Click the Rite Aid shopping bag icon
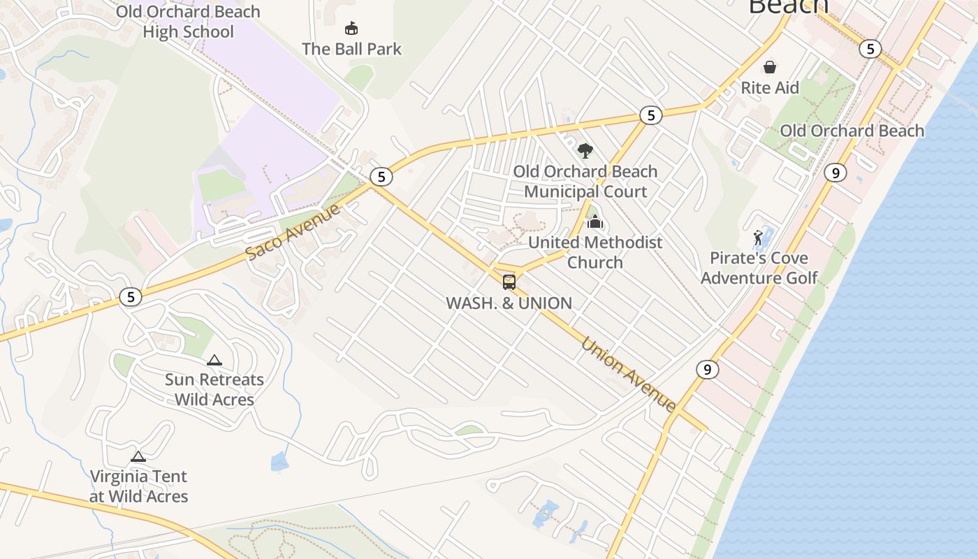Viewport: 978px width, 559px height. pos(769,67)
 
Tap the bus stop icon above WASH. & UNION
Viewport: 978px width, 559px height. pos(509,282)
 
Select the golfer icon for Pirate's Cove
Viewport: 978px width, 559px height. pos(758,238)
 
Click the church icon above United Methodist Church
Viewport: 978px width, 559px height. pos(595,222)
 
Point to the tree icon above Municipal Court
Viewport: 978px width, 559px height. pos(585,150)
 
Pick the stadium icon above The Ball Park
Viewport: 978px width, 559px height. pos(351,29)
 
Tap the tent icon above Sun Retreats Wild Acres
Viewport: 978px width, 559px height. pos(214,360)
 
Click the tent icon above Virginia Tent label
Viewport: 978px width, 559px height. pos(138,456)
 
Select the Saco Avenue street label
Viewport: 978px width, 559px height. pos(293,231)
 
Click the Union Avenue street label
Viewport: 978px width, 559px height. pos(628,375)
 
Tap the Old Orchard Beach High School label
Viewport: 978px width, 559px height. pos(188,22)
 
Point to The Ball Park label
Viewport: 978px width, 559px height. pos(352,49)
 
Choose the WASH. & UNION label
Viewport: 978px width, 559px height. pos(509,303)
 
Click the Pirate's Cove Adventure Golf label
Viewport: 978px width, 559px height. pos(759,268)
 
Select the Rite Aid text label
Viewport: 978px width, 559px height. pos(770,88)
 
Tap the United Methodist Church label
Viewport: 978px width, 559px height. pos(595,252)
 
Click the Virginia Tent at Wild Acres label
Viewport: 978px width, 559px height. pos(138,486)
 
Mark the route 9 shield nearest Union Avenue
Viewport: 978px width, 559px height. pos(708,370)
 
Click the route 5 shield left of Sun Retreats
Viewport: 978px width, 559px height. pos(131,297)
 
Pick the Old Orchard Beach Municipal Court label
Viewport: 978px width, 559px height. pos(585,182)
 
